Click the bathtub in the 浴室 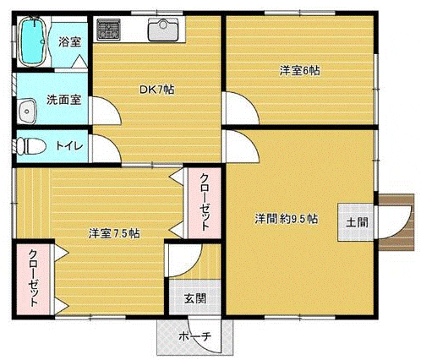pyautogui.click(x=33, y=41)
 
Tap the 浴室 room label pyautogui.click(x=70, y=42)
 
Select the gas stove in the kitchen pyautogui.click(x=108, y=30)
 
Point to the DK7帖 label pyautogui.click(x=157, y=90)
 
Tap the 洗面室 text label pyautogui.click(x=64, y=100)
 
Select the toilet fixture pyautogui.click(x=30, y=146)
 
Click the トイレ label pyautogui.click(x=69, y=146)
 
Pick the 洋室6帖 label pyautogui.click(x=299, y=70)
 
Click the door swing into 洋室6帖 pyautogui.click(x=240, y=108)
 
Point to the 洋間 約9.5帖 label pyautogui.click(x=287, y=219)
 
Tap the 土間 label pyautogui.click(x=357, y=222)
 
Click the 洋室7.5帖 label pyautogui.click(x=114, y=233)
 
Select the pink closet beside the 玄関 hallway pyautogui.click(x=205, y=203)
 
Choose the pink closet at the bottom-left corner pyautogui.click(x=33, y=279)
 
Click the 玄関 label pyautogui.click(x=195, y=298)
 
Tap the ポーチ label pyautogui.click(x=195, y=336)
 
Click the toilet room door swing pyautogui.click(x=105, y=149)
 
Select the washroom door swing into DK pyautogui.click(x=105, y=111)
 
